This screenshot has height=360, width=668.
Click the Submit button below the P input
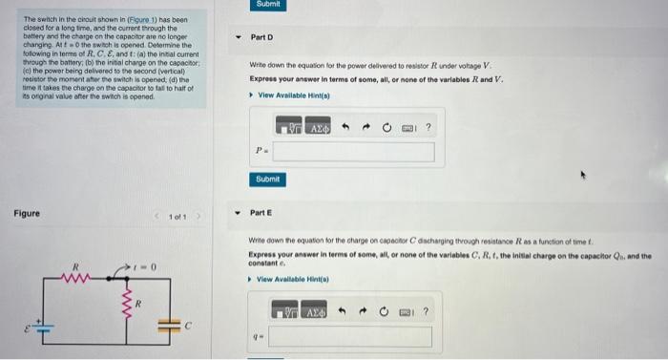pyautogui.click(x=268, y=180)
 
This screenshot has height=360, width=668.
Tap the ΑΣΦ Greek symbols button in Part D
pyautogui.click(x=318, y=128)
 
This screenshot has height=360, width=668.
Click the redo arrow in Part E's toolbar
pyautogui.click(x=365, y=312)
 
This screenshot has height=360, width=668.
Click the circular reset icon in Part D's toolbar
pyautogui.click(x=387, y=128)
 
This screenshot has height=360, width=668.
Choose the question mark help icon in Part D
pyautogui.click(x=428, y=128)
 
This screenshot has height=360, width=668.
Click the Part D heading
pyautogui.click(x=261, y=37)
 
